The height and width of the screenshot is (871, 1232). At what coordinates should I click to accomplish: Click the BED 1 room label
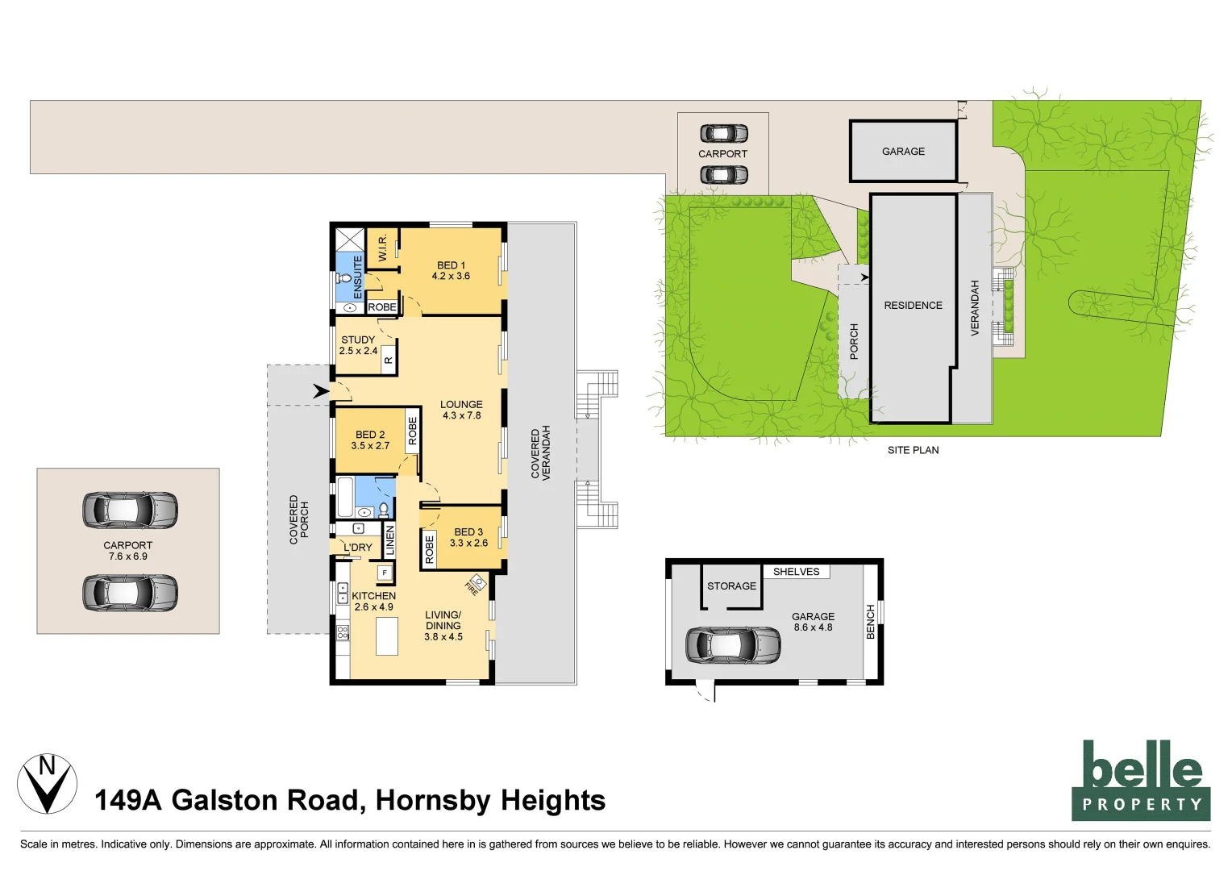(451, 270)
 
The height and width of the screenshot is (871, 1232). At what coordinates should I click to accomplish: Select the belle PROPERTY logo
(1140, 780)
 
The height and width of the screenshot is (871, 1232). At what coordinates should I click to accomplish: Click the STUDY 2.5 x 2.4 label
(358, 345)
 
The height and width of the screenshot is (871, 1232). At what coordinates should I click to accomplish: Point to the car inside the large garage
(732, 644)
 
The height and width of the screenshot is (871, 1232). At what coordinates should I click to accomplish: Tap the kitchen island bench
(387, 636)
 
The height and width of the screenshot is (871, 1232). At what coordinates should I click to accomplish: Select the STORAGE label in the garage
(731, 586)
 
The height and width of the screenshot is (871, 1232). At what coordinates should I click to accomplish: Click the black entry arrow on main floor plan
(321, 392)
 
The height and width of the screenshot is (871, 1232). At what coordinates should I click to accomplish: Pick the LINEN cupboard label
(390, 540)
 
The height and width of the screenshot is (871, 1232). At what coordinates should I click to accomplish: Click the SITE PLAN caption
(913, 450)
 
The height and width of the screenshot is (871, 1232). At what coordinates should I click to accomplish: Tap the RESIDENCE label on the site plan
(913, 306)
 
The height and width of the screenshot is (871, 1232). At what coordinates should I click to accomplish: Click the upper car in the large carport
(130, 510)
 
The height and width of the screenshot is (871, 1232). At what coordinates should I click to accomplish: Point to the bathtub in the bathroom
(344, 497)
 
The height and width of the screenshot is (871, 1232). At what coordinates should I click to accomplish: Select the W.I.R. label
(383, 247)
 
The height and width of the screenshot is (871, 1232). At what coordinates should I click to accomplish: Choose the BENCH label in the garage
(871, 622)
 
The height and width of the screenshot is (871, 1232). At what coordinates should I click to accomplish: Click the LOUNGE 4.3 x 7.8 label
(461, 410)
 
